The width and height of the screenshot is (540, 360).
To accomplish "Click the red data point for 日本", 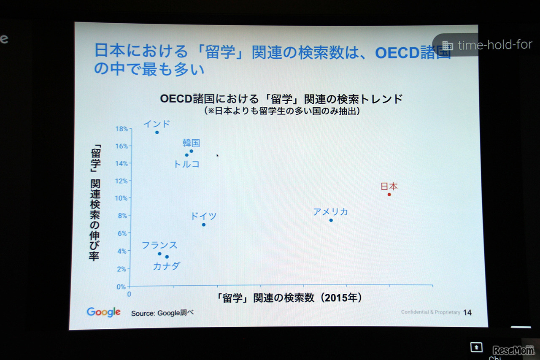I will tap(389, 195).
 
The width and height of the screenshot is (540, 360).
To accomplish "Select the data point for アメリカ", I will tap(331, 220).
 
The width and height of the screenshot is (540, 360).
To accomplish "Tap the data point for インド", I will tap(157, 133).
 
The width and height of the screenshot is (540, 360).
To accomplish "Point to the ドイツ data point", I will tap(203, 225).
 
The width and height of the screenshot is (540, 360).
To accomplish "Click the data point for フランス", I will tap(159, 254).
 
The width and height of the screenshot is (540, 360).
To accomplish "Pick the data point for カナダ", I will tap(167, 257).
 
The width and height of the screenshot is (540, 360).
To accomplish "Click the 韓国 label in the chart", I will tap(191, 143).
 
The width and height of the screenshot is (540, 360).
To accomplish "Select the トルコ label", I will tap(186, 164).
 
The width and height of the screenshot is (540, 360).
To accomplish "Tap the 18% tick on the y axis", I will tap(121, 129).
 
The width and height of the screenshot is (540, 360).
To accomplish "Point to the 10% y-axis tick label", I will tap(121, 198).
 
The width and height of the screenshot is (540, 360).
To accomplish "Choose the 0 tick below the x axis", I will tap(130, 294).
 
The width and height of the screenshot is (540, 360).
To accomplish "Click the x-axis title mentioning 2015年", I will tap(290, 298).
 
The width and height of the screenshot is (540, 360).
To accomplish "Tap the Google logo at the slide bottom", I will tap(103, 312).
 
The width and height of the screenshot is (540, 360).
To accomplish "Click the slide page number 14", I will tap(467, 313).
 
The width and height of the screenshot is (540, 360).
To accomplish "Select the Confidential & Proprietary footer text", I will tap(430, 312).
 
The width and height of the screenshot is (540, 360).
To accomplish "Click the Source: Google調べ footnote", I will tap(162, 313).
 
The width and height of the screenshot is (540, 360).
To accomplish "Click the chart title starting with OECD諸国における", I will tap(281, 99).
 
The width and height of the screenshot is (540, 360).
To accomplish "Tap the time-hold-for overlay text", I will tap(495, 45).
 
